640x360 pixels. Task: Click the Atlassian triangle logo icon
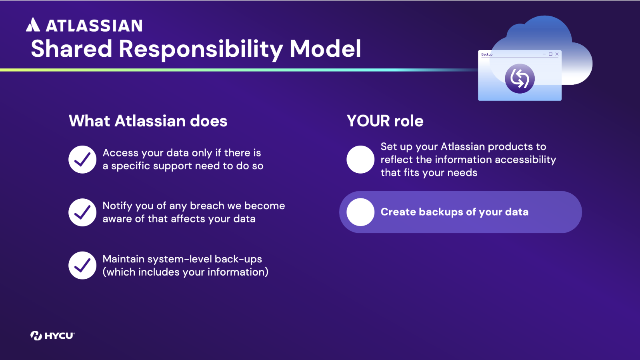point(33,24)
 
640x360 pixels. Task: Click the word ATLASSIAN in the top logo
point(94,26)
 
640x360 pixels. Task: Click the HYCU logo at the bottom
point(52,336)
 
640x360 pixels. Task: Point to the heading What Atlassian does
point(148,121)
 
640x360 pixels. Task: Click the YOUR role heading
point(385,121)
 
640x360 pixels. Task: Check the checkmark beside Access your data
point(82,160)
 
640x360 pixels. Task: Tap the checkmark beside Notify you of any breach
point(82,212)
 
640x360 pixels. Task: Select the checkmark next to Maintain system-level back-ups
point(82,265)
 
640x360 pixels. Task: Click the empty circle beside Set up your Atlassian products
point(360,160)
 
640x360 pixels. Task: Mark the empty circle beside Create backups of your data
point(360,212)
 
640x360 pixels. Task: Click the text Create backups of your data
point(454,212)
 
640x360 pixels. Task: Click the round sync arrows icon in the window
point(520,78)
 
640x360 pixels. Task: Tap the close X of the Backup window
point(557,54)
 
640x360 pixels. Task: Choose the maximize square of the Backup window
point(550,54)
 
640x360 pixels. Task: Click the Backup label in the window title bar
point(487,54)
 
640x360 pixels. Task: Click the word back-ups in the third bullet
point(238,259)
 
